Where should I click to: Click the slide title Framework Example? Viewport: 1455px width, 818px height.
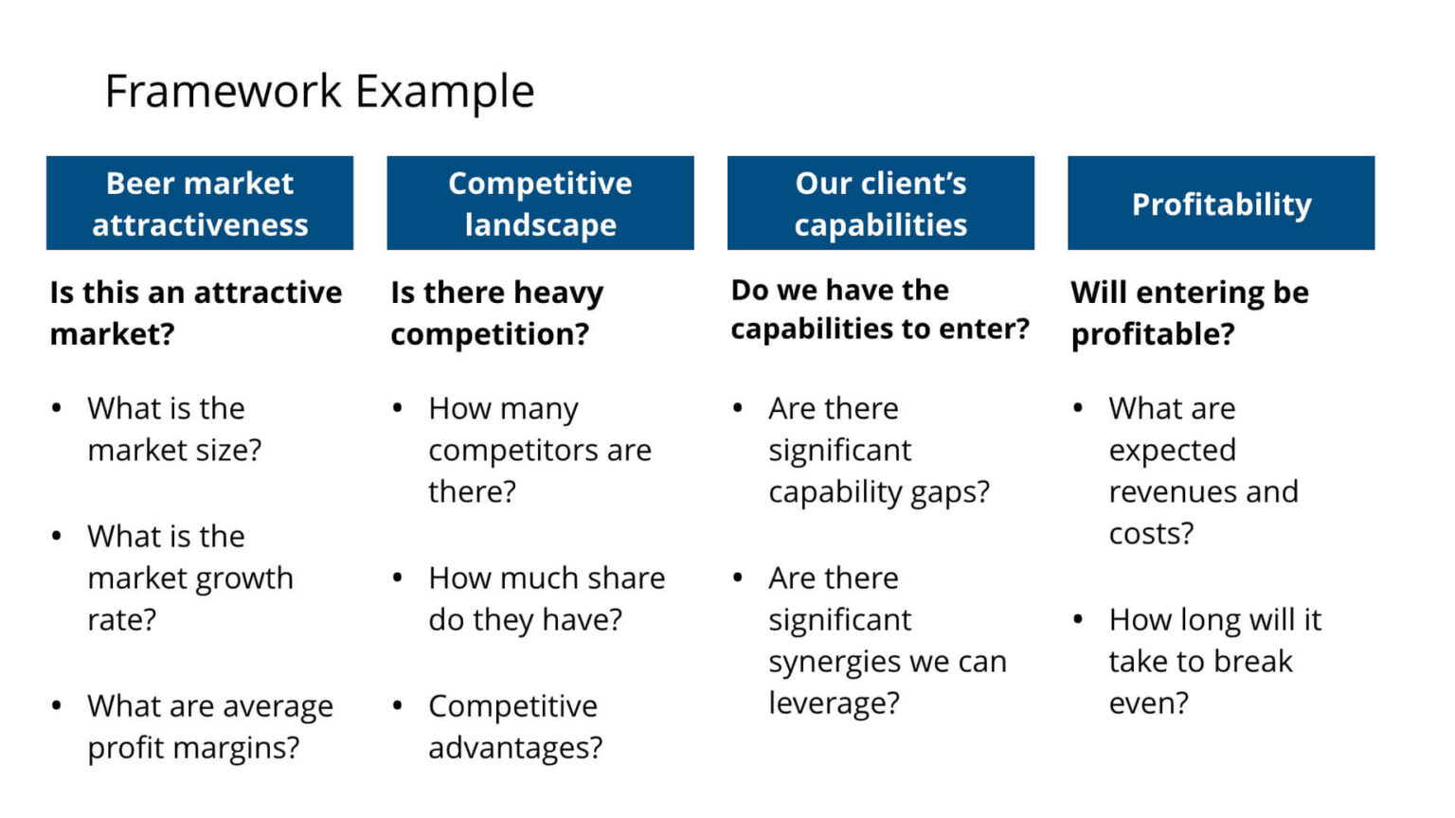pyautogui.click(x=319, y=92)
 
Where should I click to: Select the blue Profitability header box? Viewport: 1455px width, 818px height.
pyautogui.click(x=1220, y=204)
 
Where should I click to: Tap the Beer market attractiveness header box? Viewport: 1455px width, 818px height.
pyautogui.click(x=200, y=204)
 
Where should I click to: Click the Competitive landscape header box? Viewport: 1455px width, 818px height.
pyautogui.click(x=540, y=204)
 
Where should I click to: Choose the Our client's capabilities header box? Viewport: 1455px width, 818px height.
pyautogui.click(x=880, y=204)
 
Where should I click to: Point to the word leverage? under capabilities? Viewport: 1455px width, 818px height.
pyautogui.click(x=834, y=703)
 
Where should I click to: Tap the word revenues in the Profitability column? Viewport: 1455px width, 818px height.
pyautogui.click(x=1172, y=492)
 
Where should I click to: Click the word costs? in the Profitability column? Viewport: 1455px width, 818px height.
pyautogui.click(x=1151, y=534)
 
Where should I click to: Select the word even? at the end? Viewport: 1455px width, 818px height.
pyautogui.click(x=1148, y=703)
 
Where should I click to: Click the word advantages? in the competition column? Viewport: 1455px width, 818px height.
pyautogui.click(x=515, y=748)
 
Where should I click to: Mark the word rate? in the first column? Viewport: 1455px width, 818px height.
pyautogui.click(x=121, y=620)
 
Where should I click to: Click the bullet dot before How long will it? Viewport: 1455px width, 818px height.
pyautogui.click(x=1078, y=619)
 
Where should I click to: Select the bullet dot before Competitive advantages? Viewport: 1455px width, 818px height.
pyautogui.click(x=397, y=705)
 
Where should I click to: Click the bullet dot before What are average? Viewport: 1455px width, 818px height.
pyautogui.click(x=57, y=705)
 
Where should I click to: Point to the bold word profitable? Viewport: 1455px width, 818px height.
pyautogui.click(x=1153, y=334)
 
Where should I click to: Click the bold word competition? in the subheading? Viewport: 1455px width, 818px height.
pyautogui.click(x=490, y=334)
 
